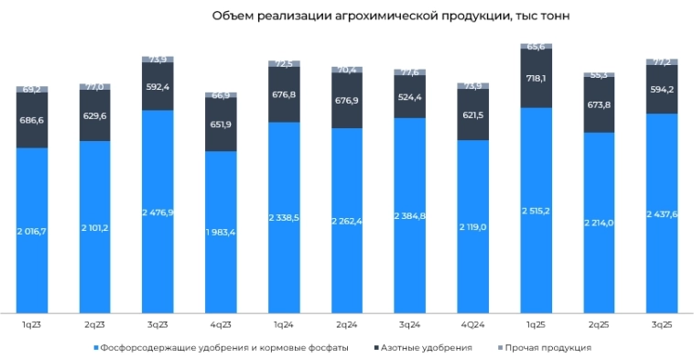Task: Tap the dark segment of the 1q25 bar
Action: pyautogui.click(x=536, y=78)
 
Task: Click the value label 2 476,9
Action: pyautogui.click(x=157, y=212)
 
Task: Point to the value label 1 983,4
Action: pyautogui.click(x=221, y=232)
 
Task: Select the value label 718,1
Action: pyautogui.click(x=536, y=79)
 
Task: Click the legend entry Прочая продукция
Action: pyautogui.click(x=550, y=347)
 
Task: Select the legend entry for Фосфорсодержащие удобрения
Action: pyautogui.click(x=224, y=347)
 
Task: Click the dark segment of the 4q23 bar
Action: pyautogui.click(x=221, y=125)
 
